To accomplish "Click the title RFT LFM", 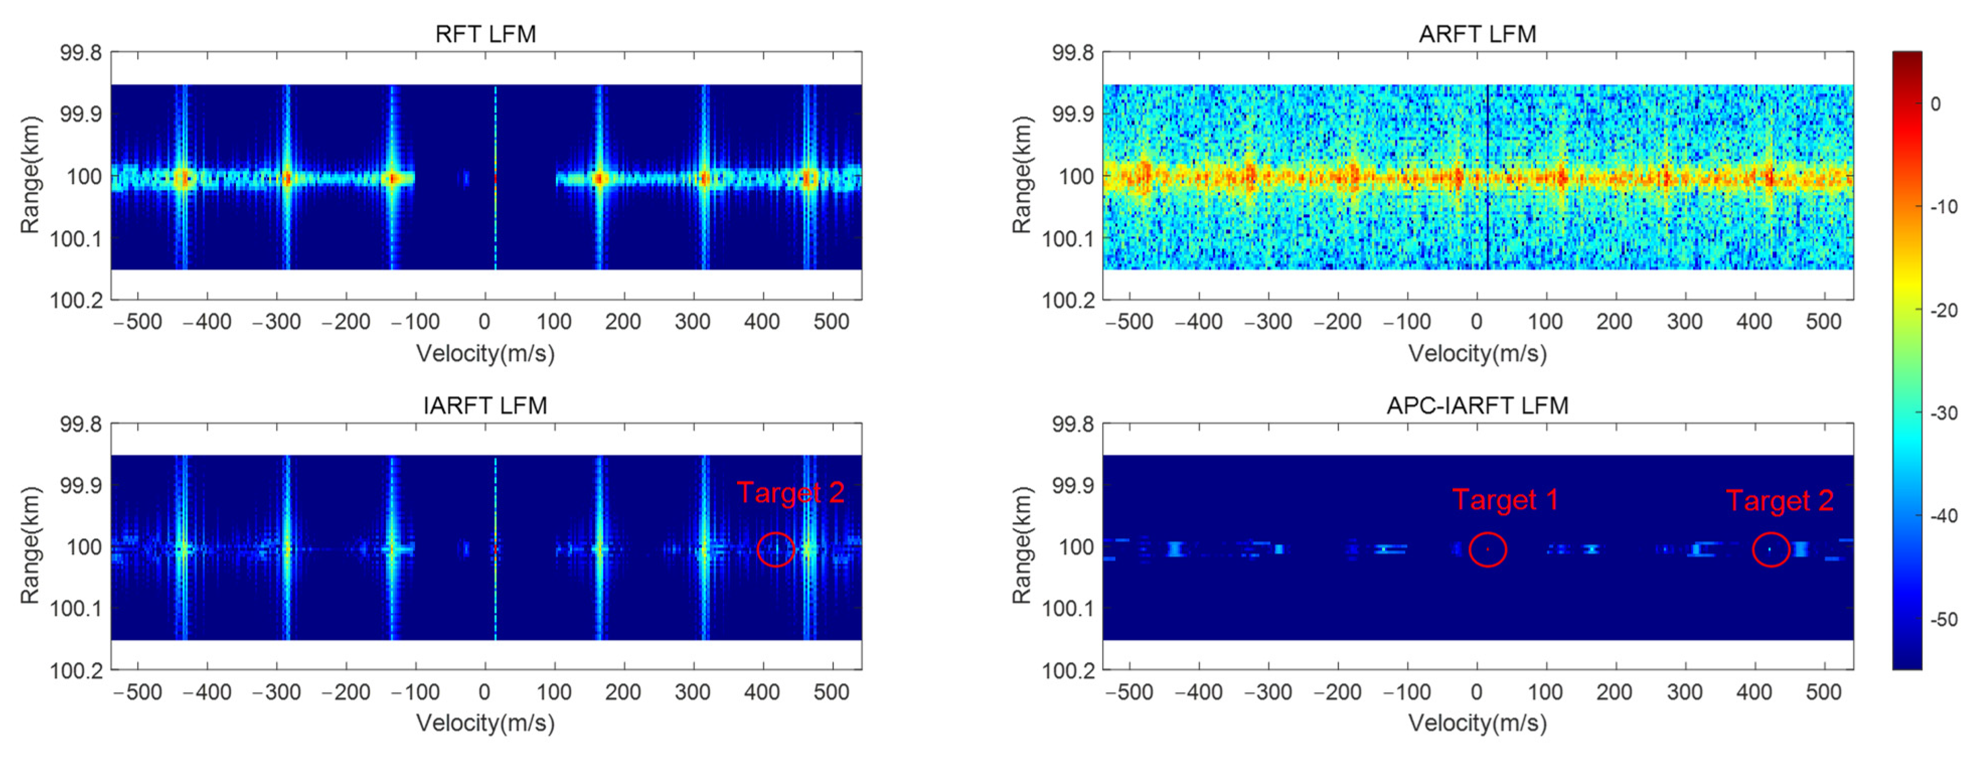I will (485, 34).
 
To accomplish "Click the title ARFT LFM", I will (1477, 34).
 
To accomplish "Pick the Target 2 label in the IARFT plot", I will (790, 493).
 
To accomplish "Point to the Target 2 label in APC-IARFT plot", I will (1779, 501).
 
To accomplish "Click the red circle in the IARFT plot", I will (776, 549).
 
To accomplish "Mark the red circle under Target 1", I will (1488, 549).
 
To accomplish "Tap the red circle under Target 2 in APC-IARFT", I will (1770, 549).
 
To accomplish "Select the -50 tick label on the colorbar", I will (1944, 619).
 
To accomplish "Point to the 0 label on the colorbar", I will (1935, 104).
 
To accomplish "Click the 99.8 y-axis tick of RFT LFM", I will (80, 53).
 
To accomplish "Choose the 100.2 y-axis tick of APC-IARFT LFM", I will (1068, 670).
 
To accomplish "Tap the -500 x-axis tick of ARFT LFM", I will (1129, 322).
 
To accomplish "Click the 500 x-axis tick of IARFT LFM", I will (831, 692).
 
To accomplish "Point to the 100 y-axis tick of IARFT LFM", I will (84, 547).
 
